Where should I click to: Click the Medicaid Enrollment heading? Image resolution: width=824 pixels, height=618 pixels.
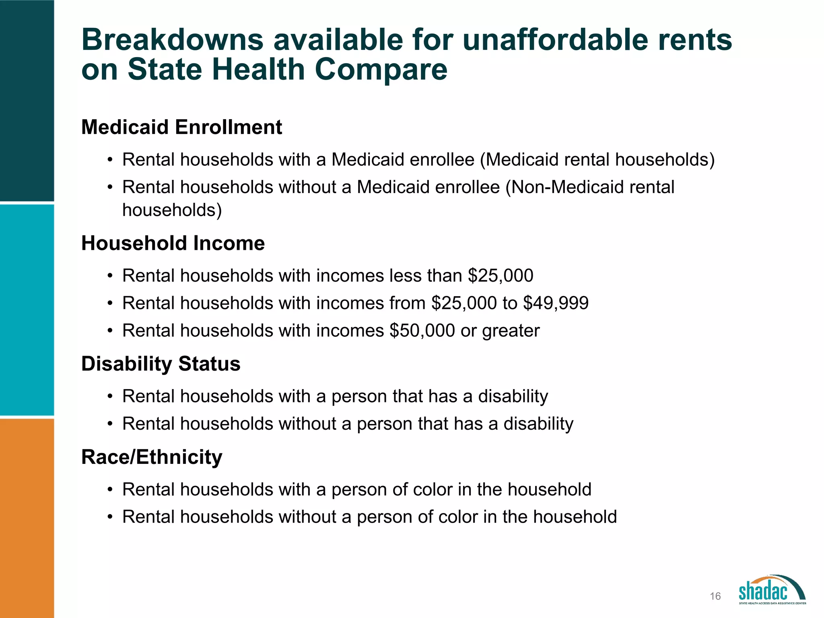pos(181,127)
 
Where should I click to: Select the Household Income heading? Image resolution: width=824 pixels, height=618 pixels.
pos(173,243)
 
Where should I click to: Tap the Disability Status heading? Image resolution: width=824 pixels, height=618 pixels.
pos(161,364)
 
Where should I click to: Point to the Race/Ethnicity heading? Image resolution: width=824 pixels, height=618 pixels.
pos(152,457)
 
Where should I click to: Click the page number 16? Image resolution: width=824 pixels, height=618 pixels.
pos(715,596)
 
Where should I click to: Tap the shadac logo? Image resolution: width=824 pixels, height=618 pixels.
pos(772,590)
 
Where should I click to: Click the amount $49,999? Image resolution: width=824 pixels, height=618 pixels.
pos(556,303)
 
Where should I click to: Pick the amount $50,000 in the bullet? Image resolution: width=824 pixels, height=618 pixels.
pos(422,331)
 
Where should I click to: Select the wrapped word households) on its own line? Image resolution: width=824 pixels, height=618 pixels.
pos(172,210)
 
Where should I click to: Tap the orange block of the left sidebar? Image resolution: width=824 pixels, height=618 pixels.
pos(27,518)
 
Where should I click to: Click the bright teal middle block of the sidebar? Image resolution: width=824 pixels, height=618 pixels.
pos(27,310)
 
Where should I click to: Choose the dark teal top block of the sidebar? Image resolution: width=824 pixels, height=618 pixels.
pos(27,100)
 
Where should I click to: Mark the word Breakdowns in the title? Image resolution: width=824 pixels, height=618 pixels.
pos(172,40)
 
